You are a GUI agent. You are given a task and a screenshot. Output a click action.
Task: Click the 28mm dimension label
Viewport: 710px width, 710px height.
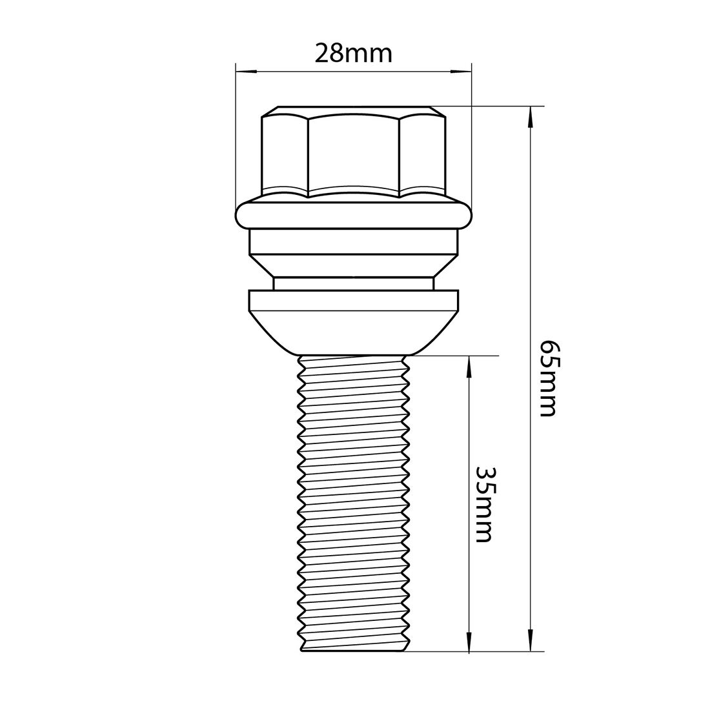(353, 53)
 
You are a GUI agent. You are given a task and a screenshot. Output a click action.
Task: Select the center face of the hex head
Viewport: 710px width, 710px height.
(353, 154)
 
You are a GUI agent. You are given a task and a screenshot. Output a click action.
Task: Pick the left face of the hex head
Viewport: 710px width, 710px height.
(285, 154)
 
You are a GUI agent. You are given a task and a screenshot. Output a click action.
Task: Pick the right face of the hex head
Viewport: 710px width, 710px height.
(423, 154)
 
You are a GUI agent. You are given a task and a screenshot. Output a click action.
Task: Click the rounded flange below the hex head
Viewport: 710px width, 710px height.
(353, 215)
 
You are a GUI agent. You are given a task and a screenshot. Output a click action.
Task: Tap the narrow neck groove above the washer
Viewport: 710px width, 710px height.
(353, 284)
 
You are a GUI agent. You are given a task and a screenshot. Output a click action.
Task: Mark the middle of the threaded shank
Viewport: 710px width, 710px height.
(353, 503)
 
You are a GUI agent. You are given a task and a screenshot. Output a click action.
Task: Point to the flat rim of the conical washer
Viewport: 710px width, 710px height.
(353, 299)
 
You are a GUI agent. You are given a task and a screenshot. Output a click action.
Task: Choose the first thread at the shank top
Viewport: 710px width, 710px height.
(353, 363)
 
